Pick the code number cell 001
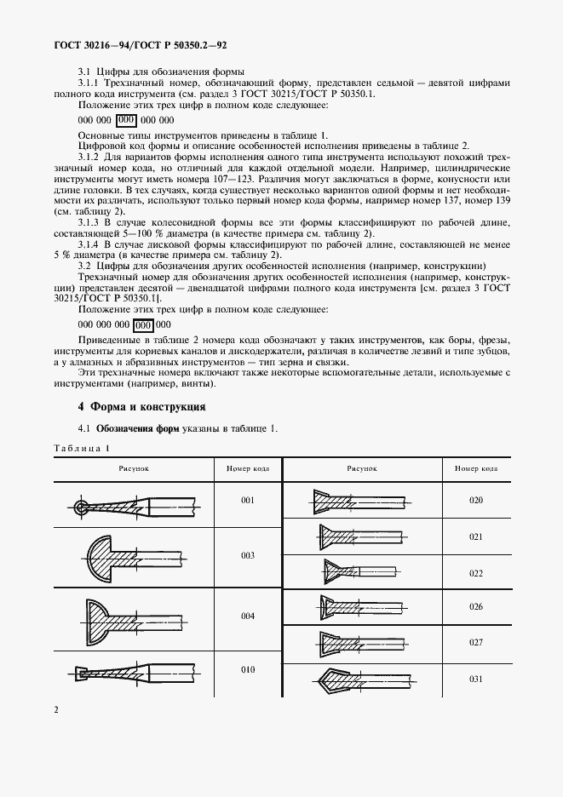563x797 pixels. click(247, 501)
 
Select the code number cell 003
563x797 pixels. click(247, 555)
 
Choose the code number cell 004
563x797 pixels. click(247, 615)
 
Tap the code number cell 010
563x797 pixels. click(247, 669)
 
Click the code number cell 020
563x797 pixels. click(476, 500)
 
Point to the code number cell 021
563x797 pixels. click(476, 537)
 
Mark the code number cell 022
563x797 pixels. click(476, 573)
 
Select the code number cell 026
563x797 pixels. click(476, 606)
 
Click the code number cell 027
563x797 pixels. click(476, 643)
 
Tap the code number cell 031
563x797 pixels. click(476, 679)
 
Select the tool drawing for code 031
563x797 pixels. click(362, 679)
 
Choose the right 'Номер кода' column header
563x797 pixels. click(476, 468)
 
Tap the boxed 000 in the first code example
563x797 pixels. click(126, 120)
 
